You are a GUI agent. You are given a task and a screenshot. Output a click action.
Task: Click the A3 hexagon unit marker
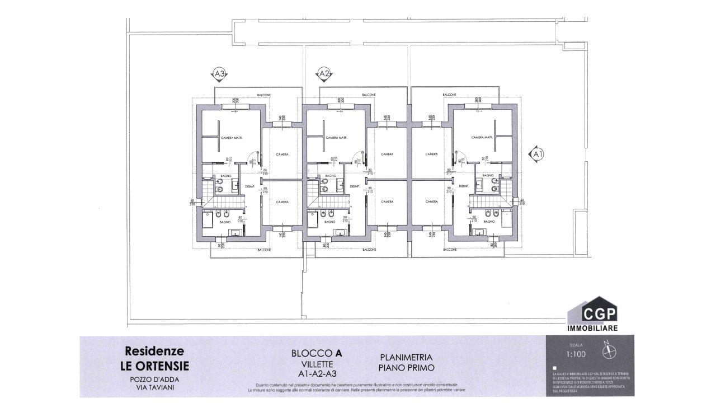pyautogui.click(x=220, y=74)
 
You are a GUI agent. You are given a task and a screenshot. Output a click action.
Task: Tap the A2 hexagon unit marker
pyautogui.click(x=323, y=74)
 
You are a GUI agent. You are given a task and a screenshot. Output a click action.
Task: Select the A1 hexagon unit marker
pyautogui.click(x=537, y=153)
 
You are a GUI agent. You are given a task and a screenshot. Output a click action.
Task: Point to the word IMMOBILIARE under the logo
pyautogui.click(x=593, y=328)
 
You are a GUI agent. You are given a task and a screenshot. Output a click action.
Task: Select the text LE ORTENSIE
pyautogui.click(x=155, y=366)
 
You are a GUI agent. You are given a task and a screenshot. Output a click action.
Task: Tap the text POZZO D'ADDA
pyautogui.click(x=155, y=379)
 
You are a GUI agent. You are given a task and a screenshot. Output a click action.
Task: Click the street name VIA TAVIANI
pyautogui.click(x=155, y=387)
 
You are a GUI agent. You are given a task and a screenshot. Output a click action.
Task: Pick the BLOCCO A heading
pyautogui.click(x=317, y=353)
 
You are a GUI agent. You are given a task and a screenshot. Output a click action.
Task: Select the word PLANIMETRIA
pyautogui.click(x=406, y=357)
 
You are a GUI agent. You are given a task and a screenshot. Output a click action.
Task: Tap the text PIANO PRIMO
pyautogui.click(x=406, y=368)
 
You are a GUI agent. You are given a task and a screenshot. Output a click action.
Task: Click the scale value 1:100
pyautogui.click(x=575, y=354)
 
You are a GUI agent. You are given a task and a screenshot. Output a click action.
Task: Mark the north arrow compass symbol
pyautogui.click(x=608, y=350)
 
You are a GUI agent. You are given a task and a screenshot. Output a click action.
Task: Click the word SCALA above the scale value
pyautogui.click(x=575, y=345)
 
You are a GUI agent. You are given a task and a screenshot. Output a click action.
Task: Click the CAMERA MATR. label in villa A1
pyautogui.click(x=481, y=138)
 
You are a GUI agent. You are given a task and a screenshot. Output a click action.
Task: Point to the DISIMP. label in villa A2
pyautogui.click(x=354, y=186)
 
